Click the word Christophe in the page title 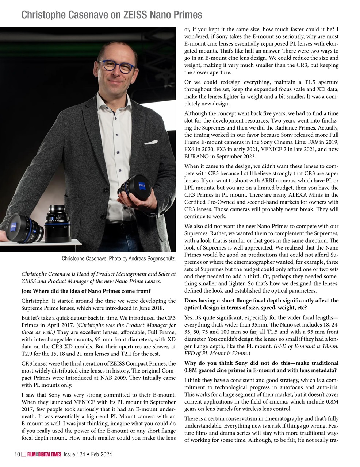(41, 15)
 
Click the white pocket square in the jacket (150, 142)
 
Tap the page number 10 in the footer (17, 454)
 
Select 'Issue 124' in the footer (74, 454)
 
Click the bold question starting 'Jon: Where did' (86, 291)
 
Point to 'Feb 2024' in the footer (102, 454)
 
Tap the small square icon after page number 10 (23, 454)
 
